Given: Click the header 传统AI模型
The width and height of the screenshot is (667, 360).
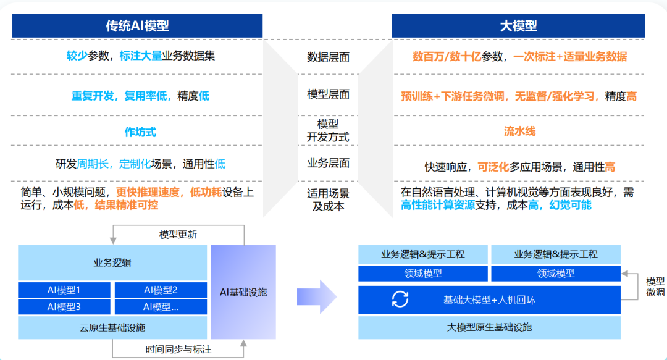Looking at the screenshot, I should [137, 26].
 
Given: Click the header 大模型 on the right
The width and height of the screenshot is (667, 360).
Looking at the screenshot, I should [518, 26].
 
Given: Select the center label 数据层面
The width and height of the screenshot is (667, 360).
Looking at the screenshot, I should [328, 57].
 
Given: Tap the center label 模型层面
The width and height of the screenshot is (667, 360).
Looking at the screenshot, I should [328, 94].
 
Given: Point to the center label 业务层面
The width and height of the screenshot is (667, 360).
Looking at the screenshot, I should [328, 163].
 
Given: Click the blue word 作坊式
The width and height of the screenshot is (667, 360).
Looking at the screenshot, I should [140, 132].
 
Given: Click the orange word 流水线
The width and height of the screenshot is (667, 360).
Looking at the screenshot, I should [519, 131].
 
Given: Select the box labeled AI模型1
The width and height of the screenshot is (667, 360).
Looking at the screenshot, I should [64, 290].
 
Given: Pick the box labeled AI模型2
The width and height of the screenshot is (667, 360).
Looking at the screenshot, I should [161, 290].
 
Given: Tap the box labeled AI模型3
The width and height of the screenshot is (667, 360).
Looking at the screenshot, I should [64, 306].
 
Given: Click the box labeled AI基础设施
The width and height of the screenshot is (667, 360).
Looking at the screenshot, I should [243, 291].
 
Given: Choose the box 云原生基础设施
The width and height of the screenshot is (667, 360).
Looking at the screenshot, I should [112, 327].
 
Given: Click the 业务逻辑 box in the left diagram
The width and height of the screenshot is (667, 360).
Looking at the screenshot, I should [112, 262].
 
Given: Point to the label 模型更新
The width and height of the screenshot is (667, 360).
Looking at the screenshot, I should [178, 234].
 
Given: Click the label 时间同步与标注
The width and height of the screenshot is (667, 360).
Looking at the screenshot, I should [178, 350].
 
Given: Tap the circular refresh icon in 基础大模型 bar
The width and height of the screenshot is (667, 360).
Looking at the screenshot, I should [400, 299].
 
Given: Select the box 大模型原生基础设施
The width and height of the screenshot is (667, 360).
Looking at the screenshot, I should [489, 327].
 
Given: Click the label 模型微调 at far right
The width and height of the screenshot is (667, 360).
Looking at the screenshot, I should [655, 286].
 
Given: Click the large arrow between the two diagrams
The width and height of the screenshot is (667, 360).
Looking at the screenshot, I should [316, 296].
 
